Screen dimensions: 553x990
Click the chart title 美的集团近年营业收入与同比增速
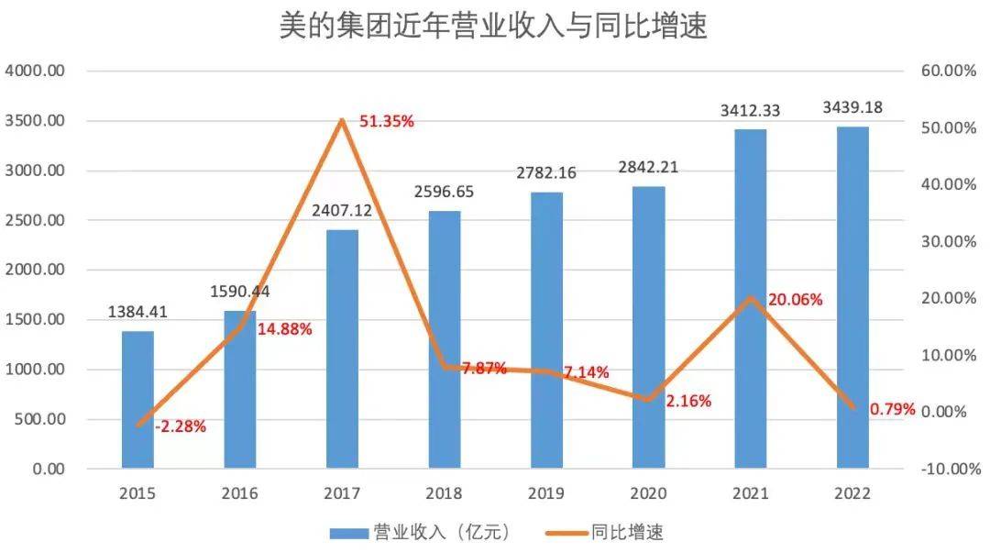(x=494, y=27)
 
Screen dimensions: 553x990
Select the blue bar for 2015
(x=137, y=400)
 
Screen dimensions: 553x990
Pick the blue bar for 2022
(x=852, y=298)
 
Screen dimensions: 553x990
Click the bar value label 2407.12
(x=341, y=210)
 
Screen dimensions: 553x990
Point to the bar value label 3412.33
(x=750, y=111)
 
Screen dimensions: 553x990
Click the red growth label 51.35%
(x=387, y=120)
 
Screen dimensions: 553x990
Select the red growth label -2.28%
(x=181, y=426)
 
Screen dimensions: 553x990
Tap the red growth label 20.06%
(x=795, y=300)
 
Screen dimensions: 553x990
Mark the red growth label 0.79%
(x=893, y=409)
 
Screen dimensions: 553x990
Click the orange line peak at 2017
(x=342, y=120)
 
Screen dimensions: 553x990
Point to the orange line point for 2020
(x=648, y=400)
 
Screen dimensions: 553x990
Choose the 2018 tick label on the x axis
(x=444, y=493)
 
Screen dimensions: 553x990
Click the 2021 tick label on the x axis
(x=750, y=493)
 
